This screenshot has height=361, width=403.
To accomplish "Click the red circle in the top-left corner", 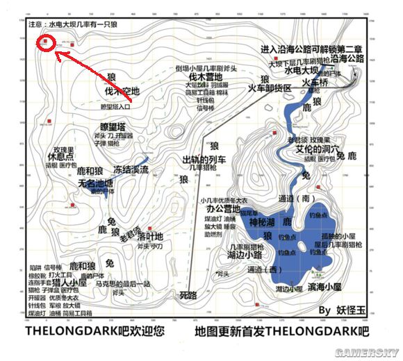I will (x=47, y=42).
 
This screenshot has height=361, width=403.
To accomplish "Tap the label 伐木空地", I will (x=122, y=91).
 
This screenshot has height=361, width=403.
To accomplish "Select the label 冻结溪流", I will (x=132, y=169).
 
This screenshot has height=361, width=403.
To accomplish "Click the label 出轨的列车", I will (x=205, y=158).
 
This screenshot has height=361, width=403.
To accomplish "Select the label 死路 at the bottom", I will (x=188, y=295).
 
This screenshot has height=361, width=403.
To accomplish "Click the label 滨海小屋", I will (x=327, y=287).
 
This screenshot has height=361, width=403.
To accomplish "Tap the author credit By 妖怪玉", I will (x=343, y=310).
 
